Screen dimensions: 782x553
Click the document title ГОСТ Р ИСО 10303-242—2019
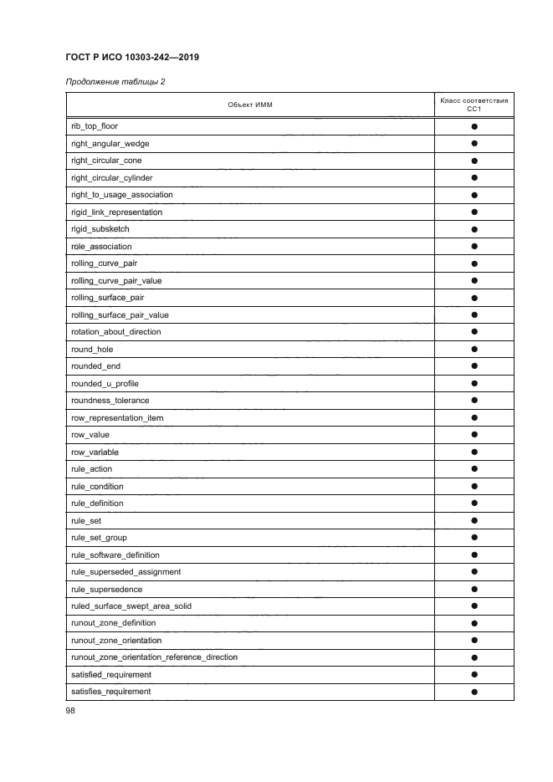[131, 58]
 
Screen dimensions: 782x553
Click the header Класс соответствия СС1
[474, 105]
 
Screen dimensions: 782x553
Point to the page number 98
[71, 710]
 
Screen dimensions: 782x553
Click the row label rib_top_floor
[95, 126]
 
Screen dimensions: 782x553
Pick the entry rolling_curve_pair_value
[116, 280]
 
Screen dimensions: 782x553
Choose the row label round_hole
[92, 349]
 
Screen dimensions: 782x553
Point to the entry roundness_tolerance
[110, 401]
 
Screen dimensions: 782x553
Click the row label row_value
[90, 435]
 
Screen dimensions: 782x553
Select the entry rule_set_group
[100, 538]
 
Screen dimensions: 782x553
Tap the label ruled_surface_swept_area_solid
[132, 606]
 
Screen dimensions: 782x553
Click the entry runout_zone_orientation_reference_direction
[155, 657]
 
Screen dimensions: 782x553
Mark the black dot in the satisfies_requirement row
[474, 692]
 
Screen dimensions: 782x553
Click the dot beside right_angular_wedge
[474, 144]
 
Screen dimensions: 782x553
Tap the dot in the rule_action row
[474, 469]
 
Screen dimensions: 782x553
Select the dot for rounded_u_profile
[474, 383]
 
